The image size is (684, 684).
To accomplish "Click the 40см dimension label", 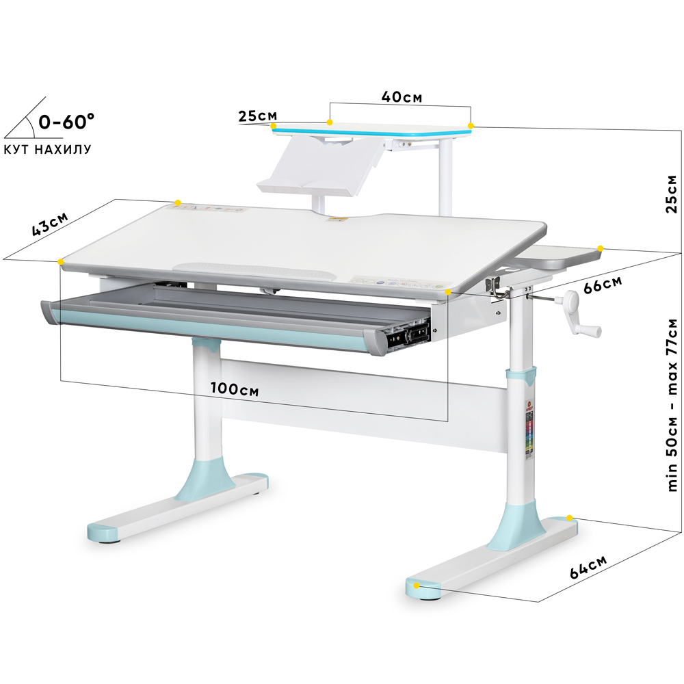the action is [x=402, y=96].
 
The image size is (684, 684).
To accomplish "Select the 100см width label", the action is [x=235, y=389].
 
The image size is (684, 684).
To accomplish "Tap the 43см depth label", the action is [x=50, y=224].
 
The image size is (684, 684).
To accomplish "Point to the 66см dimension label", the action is [x=603, y=285].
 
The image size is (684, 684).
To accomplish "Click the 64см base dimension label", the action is [x=588, y=566].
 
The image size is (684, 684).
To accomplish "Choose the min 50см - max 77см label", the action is [x=672, y=405].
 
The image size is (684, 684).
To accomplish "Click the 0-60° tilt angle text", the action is [x=66, y=122].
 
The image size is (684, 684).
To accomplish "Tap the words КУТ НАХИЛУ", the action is [x=47, y=149].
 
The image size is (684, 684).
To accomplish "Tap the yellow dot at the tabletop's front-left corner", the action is [x=60, y=262].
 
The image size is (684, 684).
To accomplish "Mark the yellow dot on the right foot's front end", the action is [x=416, y=585].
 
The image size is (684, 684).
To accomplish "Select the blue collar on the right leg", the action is [x=521, y=376].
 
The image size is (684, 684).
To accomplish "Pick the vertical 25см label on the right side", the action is [x=672, y=194].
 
